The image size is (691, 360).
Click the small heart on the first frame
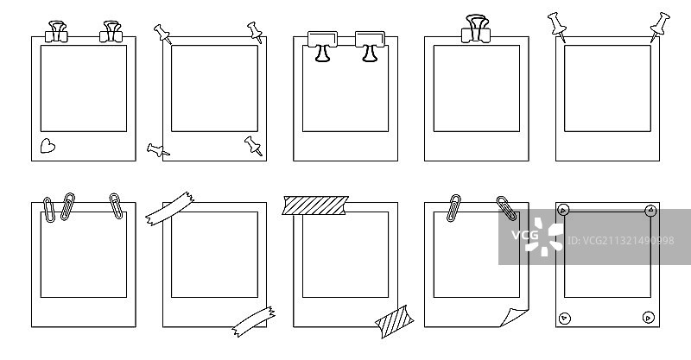pyautogui.click(x=48, y=146)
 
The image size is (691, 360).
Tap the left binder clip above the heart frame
pyautogui.click(x=60, y=31)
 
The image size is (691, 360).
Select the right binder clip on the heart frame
pyautogui.click(x=111, y=31)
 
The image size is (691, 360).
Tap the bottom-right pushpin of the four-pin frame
pyautogui.click(x=253, y=145)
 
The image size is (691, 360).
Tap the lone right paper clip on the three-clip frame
pyautogui.click(x=116, y=205)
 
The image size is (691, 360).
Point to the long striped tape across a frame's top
pyautogui.click(x=316, y=206)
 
